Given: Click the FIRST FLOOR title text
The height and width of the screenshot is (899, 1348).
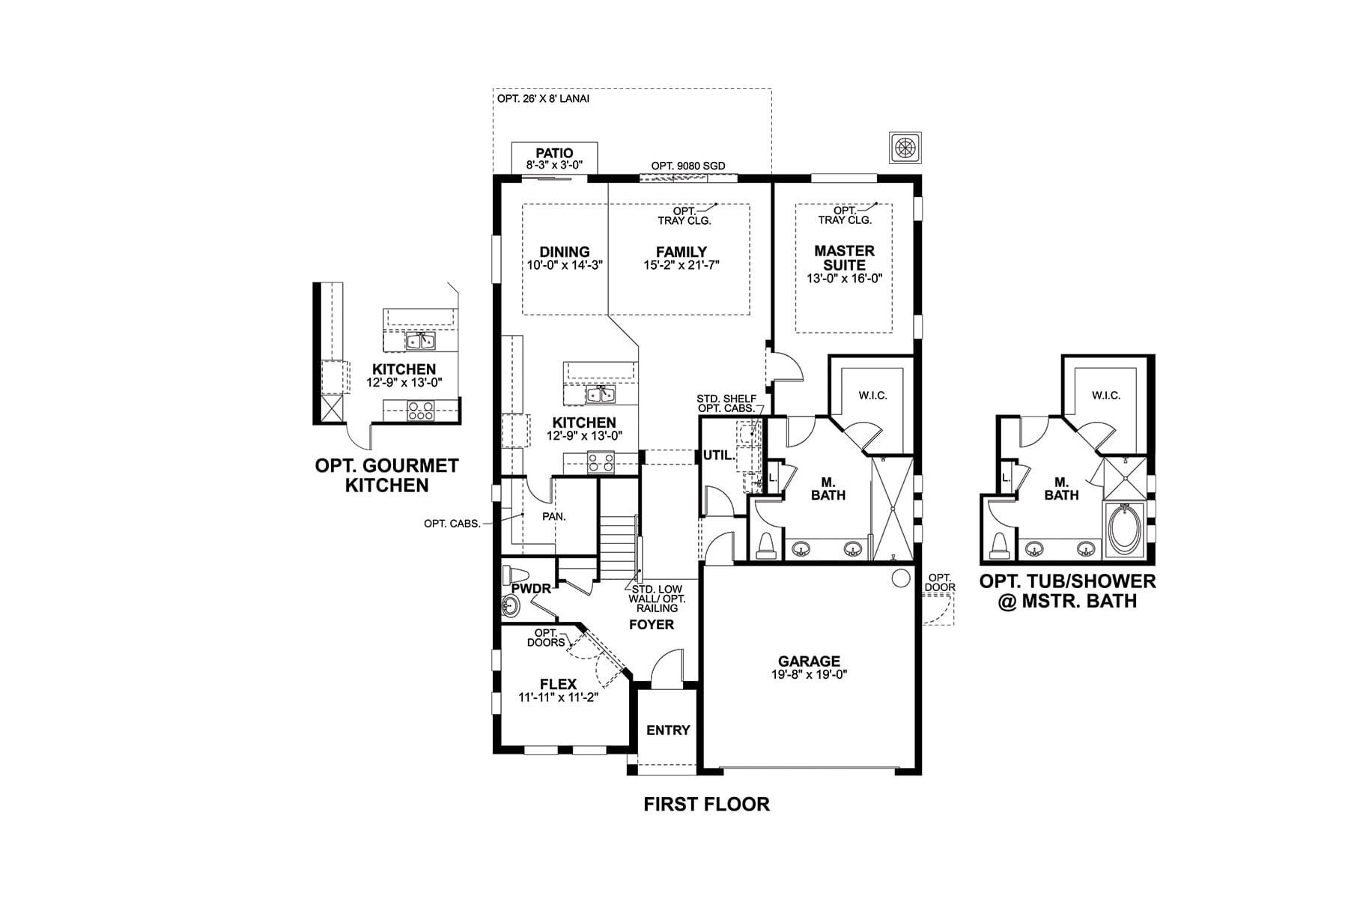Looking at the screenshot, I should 706,805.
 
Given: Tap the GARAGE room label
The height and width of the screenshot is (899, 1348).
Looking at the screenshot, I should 809,662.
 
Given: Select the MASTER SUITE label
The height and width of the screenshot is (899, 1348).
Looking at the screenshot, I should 844,258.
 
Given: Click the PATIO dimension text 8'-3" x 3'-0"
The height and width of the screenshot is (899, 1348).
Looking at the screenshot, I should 554,165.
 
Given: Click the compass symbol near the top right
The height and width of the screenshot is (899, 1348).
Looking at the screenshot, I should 905,147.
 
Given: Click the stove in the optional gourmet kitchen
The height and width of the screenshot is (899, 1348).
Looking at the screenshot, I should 420,411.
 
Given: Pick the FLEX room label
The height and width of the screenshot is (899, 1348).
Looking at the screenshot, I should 558,684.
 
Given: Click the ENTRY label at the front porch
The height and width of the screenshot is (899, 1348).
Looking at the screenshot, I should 668,730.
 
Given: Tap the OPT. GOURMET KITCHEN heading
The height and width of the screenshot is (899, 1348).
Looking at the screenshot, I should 386,475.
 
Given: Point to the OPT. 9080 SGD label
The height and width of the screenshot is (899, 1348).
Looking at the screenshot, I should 687,166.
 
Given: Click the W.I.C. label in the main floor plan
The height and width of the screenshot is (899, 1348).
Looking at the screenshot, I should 872,396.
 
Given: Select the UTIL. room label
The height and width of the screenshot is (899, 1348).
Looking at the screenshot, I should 718,455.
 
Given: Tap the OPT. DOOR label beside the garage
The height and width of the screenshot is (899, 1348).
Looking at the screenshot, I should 939,582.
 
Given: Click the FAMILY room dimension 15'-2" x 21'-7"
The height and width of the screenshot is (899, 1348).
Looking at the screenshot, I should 681,264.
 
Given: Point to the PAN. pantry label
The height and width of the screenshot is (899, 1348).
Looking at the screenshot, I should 554,516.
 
